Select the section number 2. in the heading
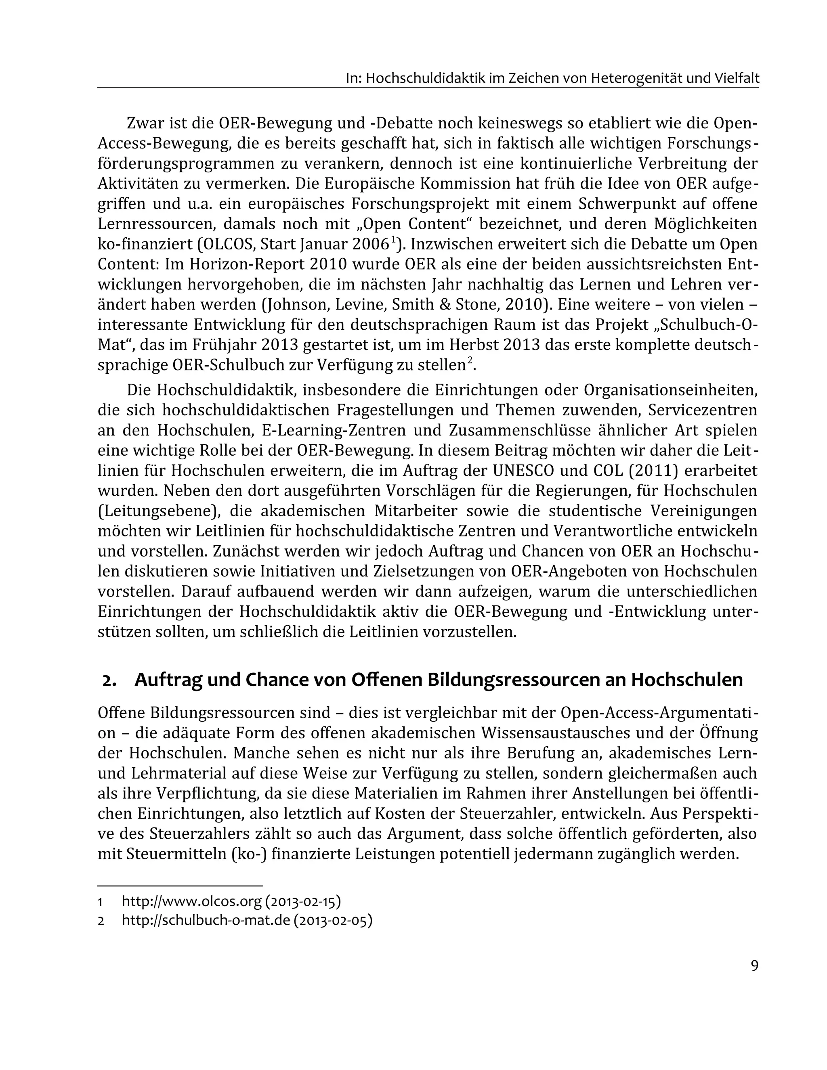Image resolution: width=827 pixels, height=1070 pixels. point(109,681)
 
